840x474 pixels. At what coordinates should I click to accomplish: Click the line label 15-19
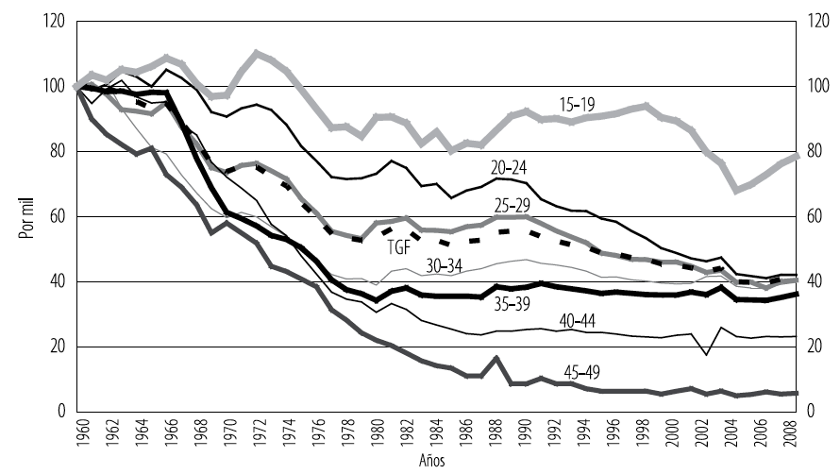576,104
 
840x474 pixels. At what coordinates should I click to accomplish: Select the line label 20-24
511,167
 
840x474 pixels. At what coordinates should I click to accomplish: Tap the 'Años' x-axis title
430,463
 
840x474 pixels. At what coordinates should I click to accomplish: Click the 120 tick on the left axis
54,22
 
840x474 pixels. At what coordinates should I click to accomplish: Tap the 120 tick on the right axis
817,22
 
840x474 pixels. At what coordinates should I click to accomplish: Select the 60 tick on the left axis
57,217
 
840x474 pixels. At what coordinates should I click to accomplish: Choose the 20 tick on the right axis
815,347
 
